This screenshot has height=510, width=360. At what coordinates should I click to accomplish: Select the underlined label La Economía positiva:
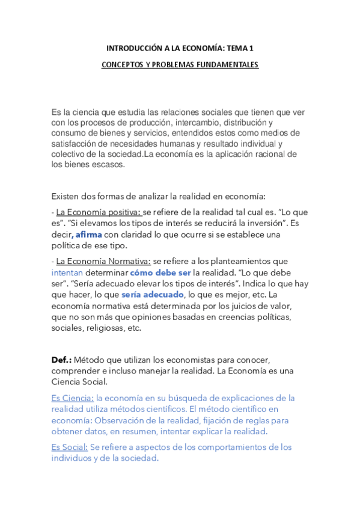(x=99, y=212)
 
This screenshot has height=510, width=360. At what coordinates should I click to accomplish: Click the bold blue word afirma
(x=88, y=234)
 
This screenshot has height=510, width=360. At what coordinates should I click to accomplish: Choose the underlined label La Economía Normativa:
(x=103, y=262)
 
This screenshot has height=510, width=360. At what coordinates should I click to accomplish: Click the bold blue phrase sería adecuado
(x=152, y=295)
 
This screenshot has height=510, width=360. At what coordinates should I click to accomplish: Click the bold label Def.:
(x=62, y=360)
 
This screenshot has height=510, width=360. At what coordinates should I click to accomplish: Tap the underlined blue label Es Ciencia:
(x=73, y=398)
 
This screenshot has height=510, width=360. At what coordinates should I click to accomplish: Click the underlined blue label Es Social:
(x=70, y=447)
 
